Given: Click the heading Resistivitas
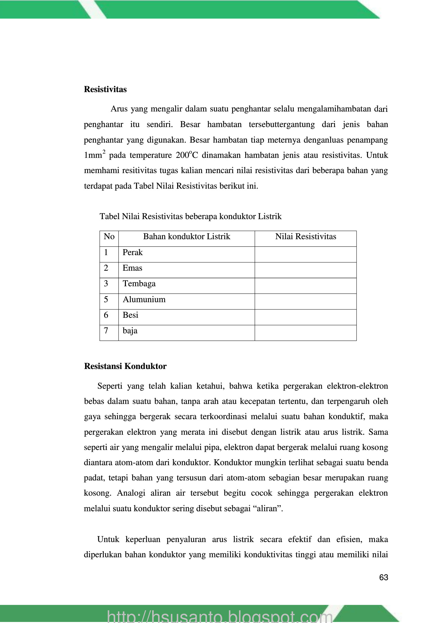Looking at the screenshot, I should [105, 89].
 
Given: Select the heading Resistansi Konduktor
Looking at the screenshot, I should [125, 366].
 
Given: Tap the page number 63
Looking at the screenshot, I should [384, 577].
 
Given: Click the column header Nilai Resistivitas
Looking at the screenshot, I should [305, 237].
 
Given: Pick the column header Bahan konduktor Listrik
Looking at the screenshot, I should [186, 237].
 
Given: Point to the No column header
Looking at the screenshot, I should [109, 237].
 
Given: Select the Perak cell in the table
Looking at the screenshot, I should [132, 253].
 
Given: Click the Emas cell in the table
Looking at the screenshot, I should [132, 268].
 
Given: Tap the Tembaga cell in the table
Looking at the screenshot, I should [139, 284].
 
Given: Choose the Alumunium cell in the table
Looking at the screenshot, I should [144, 300].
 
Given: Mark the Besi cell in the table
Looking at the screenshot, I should [130, 315].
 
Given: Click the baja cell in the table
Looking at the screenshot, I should [130, 331].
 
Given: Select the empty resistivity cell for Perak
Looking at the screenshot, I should [305, 254].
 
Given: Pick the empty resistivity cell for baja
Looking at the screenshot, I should [305, 333].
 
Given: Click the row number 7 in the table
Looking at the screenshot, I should [106, 331].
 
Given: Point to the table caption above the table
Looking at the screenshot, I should [191, 217].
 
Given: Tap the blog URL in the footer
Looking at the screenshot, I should [220, 616].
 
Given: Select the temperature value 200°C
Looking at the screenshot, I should [187, 155].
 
